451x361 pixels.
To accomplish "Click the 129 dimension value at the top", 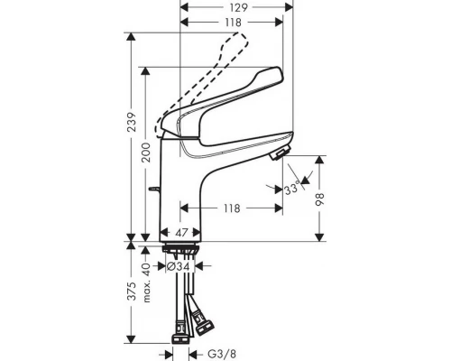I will coord(236,7).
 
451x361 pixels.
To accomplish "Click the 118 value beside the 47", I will coord(233,208).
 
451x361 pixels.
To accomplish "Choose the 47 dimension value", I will coord(180,232).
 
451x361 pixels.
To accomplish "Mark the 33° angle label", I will coord(290,190).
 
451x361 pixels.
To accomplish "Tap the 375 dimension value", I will coord(133,292).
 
